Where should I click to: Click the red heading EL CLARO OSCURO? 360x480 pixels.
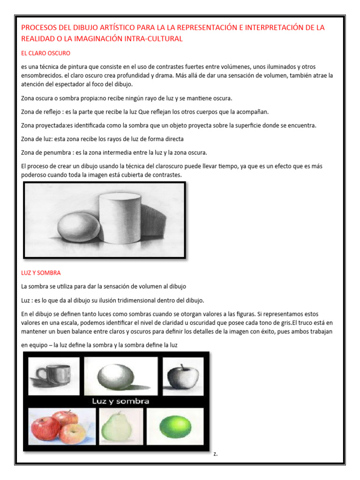pos(45,53)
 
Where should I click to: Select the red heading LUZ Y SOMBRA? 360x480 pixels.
pos(41,272)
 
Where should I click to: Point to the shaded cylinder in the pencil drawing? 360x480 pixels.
pos(119,220)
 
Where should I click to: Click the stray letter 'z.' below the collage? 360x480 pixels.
pos(215,454)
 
